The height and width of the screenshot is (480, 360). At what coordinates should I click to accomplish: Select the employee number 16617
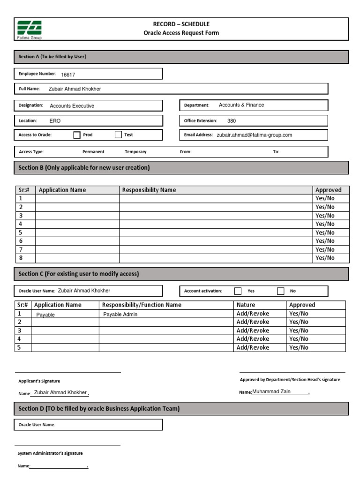68,75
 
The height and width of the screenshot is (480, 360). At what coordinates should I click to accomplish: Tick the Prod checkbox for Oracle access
77,135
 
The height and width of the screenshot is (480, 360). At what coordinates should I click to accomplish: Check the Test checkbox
118,135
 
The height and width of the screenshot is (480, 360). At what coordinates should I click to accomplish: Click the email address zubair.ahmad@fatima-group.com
254,135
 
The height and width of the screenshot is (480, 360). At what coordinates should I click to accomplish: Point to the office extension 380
232,121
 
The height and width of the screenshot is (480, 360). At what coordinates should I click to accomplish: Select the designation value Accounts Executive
72,106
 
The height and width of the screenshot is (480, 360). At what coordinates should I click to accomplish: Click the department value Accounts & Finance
241,105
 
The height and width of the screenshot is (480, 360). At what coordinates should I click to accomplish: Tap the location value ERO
55,121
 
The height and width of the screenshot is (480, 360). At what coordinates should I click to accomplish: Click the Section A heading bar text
52,57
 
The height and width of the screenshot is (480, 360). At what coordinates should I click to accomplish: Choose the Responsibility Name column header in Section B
149,190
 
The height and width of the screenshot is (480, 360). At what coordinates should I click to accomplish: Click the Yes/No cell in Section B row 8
325,258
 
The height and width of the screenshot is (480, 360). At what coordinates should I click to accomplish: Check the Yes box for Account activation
238,291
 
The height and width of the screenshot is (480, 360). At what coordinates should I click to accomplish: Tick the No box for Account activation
281,291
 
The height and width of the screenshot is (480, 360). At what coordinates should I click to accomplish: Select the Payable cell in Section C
45,315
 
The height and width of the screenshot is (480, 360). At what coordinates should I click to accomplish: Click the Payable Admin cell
120,315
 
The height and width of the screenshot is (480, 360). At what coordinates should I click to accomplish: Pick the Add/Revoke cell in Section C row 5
253,348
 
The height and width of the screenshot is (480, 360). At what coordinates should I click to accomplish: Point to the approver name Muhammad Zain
271,392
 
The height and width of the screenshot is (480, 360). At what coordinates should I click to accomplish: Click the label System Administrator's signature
50,453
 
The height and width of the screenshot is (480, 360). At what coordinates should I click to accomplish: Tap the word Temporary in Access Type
135,152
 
